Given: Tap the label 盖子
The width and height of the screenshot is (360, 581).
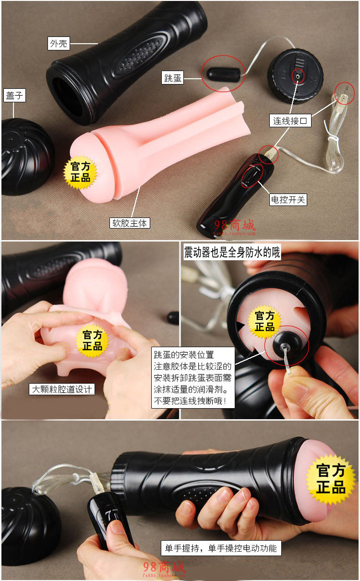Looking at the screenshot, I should (13, 95).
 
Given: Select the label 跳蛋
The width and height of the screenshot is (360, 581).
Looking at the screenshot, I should (173, 78).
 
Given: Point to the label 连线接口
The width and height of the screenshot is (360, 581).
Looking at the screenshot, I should (290, 121).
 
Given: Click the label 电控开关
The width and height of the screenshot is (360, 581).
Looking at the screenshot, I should (288, 199).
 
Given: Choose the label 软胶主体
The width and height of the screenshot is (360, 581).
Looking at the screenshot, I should (130, 223).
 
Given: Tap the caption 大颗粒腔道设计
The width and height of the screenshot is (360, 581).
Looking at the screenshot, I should (61, 389).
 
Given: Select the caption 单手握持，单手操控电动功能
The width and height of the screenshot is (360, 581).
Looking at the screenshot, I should (221, 548).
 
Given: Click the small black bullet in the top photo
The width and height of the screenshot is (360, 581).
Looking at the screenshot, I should (223, 74).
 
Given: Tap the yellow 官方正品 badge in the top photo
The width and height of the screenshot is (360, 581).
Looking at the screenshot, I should (80, 172).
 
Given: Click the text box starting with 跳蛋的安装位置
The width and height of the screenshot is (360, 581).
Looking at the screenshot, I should (193, 378).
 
